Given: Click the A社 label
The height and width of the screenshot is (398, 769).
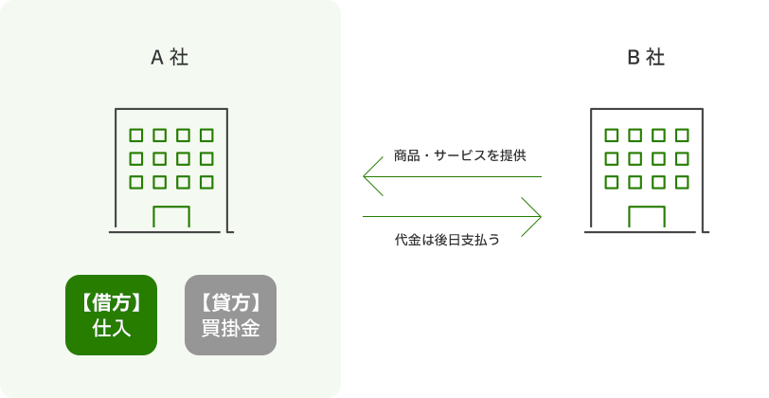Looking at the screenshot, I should [170, 57].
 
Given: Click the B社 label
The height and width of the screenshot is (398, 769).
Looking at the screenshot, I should [646, 57].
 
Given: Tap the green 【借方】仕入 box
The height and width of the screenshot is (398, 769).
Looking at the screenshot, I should [111, 315].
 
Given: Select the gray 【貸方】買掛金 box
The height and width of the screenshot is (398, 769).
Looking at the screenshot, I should [230, 315].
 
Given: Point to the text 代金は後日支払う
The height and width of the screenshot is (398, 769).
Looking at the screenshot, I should [447, 240].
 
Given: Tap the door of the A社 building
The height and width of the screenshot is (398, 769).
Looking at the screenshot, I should [171, 217].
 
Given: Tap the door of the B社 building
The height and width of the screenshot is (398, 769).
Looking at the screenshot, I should [647, 217].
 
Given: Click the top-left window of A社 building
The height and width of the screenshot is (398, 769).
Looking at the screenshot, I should [136, 135].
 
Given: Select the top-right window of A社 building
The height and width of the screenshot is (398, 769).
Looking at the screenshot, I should [206, 135].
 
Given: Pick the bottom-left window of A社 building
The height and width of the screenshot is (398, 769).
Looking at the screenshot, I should [136, 182].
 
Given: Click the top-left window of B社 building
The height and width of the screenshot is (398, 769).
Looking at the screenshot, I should [612, 135].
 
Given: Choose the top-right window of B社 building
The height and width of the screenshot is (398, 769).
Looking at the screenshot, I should [682, 135].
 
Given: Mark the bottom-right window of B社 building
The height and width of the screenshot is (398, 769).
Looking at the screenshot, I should [682, 182].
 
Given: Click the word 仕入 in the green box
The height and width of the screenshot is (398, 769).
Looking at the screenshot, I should [111, 329].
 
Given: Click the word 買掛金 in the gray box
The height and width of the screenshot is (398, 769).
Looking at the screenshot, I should [230, 329].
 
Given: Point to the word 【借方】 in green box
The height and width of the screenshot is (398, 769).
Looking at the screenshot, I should [111, 302].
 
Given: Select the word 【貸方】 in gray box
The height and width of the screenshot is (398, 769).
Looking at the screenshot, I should [230, 302].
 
